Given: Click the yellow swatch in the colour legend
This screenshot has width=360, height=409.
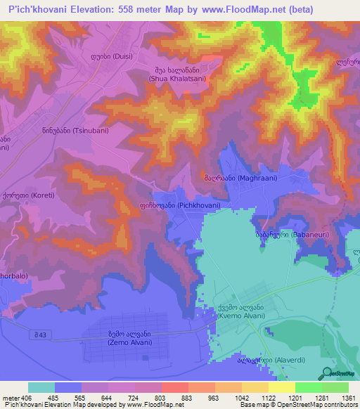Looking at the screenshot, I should pos(281,388).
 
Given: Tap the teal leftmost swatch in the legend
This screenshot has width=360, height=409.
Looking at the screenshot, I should pos(41,388).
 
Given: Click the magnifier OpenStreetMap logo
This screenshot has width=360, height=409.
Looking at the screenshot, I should pos(328,373).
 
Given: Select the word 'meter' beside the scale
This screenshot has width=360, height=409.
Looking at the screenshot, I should pos(11,398).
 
